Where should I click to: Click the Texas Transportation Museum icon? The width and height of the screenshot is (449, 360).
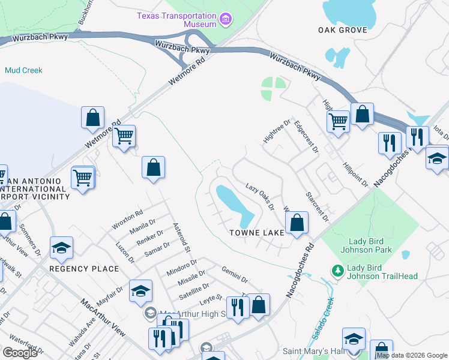[x=225, y=20]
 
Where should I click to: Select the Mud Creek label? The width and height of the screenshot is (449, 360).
[x=23, y=70]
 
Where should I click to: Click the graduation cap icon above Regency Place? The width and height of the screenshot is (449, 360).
[x=61, y=248]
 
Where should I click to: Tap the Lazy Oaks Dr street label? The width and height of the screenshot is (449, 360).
[x=259, y=197]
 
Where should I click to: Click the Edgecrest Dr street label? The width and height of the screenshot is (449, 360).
[x=306, y=137]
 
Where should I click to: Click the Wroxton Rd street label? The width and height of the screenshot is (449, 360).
[x=127, y=220]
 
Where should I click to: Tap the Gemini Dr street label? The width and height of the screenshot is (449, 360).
[x=235, y=275]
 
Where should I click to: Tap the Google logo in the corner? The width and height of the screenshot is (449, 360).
[x=20, y=353]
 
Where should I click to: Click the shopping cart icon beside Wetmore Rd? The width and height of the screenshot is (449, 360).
[x=124, y=136]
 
